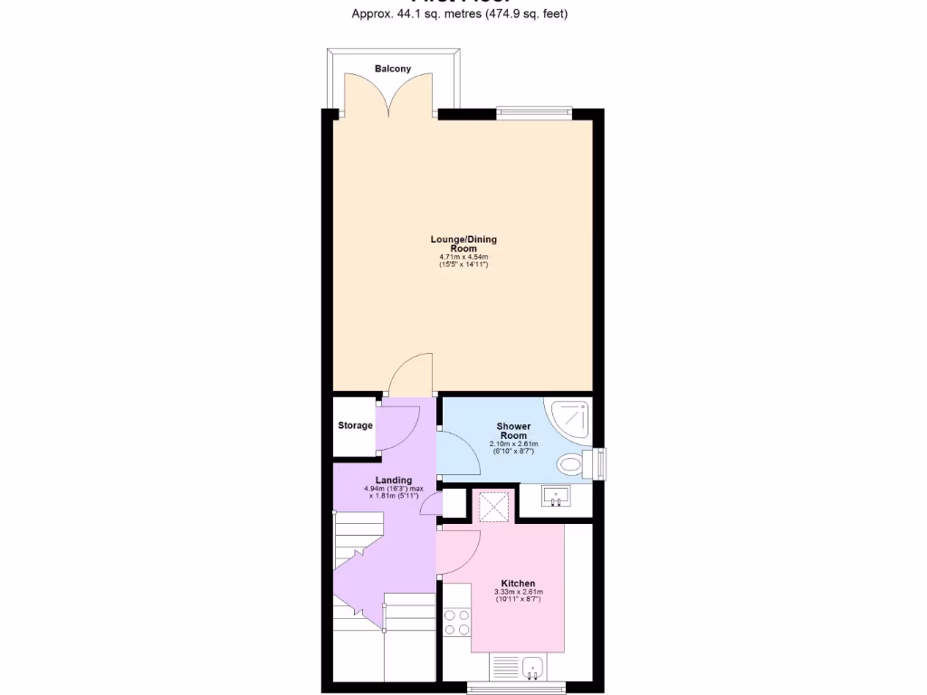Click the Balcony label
pyautogui.click(x=393, y=69)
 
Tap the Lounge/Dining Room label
pyautogui.click(x=463, y=243)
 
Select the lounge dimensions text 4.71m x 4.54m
pyautogui.click(x=463, y=258)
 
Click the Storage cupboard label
pyautogui.click(x=355, y=425)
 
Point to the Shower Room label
pyautogui.click(x=513, y=431)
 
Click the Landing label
pyautogui.click(x=394, y=481)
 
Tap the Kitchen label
pyautogui.click(x=519, y=584)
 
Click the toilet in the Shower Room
pyautogui.click(x=572, y=465)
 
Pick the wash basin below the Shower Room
pyautogui.click(x=556, y=496)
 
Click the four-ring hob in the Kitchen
pyautogui.click(x=456, y=622)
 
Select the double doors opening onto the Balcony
pyautogui.click(x=390, y=95)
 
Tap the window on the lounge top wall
pyautogui.click(x=534, y=112)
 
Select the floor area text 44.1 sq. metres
pyautogui.click(x=430, y=14)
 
